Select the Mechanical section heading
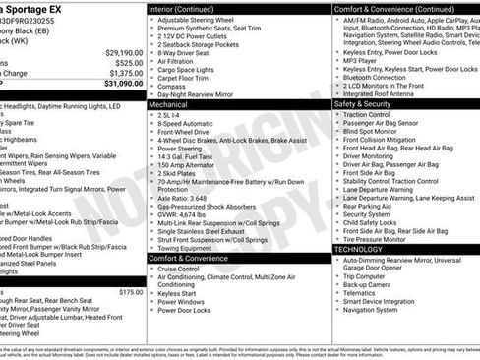[x=169, y=102]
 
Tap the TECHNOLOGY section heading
[x=358, y=250]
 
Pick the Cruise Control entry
[x=178, y=269]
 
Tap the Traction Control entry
[x=369, y=114]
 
